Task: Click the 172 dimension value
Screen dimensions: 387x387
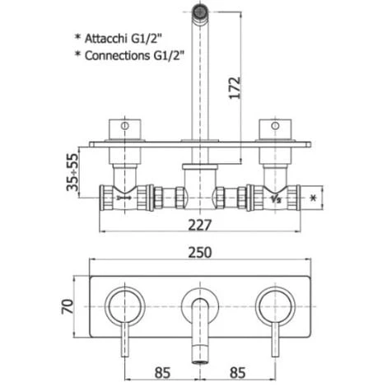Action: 235,87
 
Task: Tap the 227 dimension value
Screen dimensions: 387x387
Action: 200,225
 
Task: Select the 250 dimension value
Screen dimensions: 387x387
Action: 200,253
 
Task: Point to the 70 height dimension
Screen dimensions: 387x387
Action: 68,306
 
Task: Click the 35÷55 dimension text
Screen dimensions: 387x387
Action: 72,172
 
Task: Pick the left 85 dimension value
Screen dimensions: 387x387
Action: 162,373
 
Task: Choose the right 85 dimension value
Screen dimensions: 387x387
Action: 237,373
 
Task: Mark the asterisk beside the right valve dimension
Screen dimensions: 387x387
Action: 313,198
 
